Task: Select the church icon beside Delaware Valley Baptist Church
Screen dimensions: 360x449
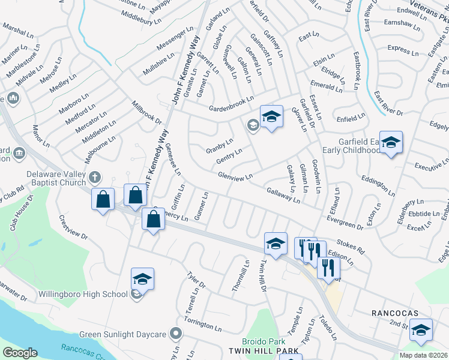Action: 94,176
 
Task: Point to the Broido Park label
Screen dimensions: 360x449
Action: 264,341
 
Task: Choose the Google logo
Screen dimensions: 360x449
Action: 20,353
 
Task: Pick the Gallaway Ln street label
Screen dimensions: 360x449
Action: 283,194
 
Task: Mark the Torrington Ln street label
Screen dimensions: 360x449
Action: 203,325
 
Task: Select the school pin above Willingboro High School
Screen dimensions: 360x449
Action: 142,279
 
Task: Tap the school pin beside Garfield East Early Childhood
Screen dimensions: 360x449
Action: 391,143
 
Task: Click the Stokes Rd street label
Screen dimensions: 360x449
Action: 351,244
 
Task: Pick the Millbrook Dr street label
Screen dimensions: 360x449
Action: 146,112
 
